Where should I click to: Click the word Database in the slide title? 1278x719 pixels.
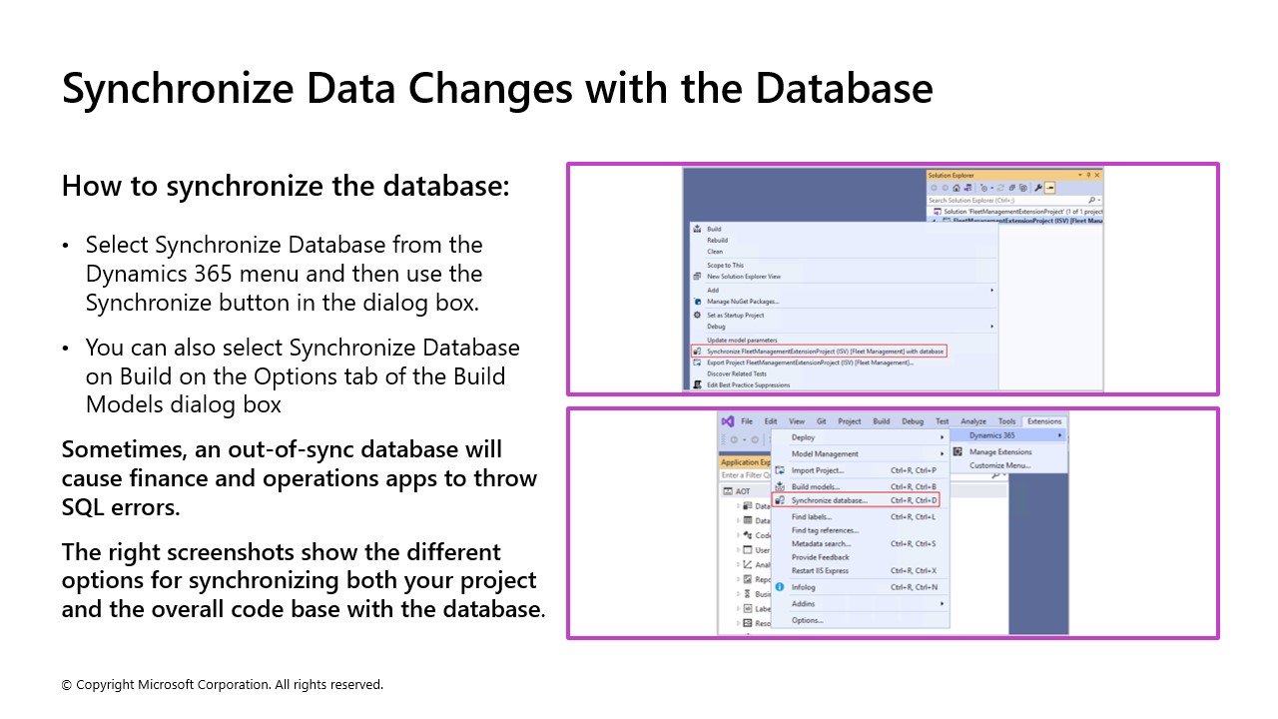point(844,88)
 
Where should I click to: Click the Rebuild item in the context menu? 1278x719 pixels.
point(717,241)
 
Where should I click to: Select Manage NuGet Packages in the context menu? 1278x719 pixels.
point(742,302)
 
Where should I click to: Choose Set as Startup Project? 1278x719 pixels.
point(735,316)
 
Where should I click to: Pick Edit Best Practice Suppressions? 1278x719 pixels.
point(748,385)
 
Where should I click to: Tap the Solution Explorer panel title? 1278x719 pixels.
point(951,176)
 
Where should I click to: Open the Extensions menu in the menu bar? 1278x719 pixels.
point(1044,421)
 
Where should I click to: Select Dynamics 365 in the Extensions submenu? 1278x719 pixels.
point(992,435)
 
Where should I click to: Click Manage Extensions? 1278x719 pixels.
point(1000,452)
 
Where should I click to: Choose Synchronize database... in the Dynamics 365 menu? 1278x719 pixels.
point(829,500)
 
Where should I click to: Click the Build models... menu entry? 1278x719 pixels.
point(816,486)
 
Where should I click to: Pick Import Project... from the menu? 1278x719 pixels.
point(818,470)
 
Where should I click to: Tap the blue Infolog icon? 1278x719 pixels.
point(780,587)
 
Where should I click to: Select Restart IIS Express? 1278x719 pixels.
point(820,571)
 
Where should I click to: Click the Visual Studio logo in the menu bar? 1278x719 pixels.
point(728,421)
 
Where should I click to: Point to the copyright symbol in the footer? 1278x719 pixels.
point(67,685)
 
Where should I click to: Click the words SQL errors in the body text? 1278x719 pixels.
point(121,507)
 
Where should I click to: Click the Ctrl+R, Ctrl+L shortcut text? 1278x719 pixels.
point(913,517)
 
